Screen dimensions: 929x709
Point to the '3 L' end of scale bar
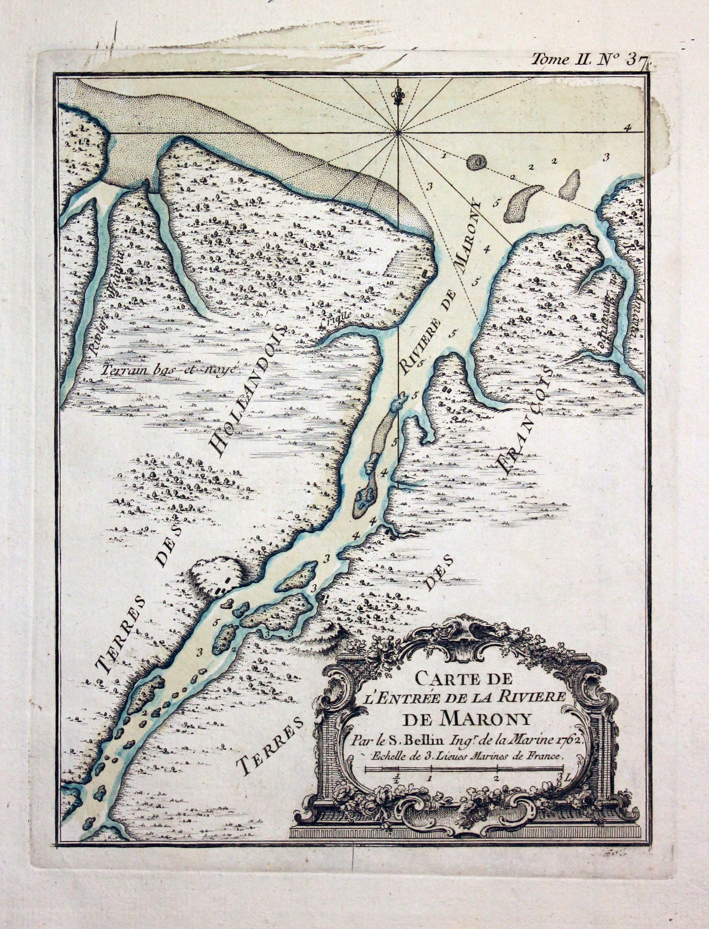point(563,777)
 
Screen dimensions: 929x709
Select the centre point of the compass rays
point(398,134)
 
